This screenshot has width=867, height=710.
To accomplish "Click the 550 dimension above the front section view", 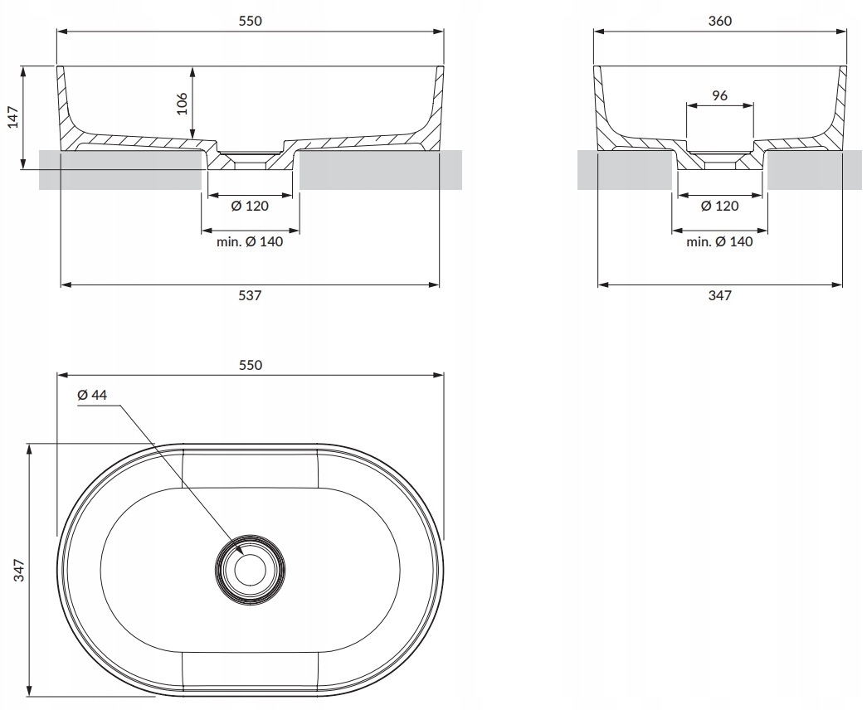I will [250, 22].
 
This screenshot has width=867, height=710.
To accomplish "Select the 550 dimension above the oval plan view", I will [250, 365].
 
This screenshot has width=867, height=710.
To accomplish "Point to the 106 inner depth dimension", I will [183, 103].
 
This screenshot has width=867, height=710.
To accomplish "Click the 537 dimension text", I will [250, 295].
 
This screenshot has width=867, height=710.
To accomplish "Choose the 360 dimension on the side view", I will [720, 22].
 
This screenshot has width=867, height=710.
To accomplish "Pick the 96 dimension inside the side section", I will [719, 95].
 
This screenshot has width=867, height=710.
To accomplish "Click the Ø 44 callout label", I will [92, 396].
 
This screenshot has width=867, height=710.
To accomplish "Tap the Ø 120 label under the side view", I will [719, 206].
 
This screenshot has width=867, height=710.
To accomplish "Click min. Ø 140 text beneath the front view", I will [250, 241].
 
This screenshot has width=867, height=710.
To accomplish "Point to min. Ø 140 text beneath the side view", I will [719, 241].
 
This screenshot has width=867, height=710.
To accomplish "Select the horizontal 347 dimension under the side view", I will [719, 295].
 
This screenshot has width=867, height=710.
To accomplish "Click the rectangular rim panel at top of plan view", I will [250, 469].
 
